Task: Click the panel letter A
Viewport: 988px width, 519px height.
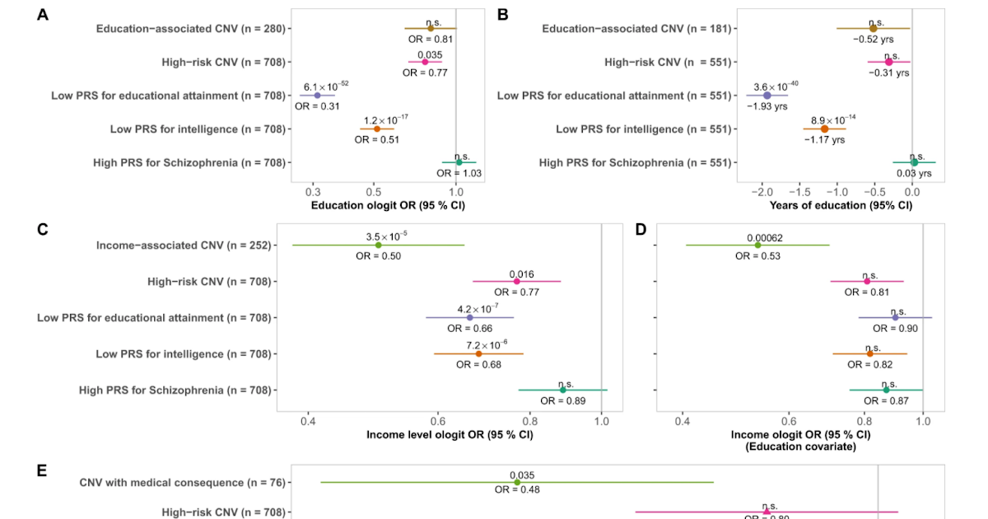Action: click(x=43, y=13)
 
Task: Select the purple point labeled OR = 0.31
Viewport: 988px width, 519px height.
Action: click(x=318, y=96)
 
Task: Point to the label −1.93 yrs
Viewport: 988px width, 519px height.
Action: click(x=767, y=106)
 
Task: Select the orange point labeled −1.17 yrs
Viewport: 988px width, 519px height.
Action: click(x=824, y=129)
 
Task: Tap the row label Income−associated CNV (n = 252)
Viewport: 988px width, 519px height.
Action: click(x=184, y=245)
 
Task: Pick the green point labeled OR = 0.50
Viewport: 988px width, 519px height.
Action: click(x=378, y=245)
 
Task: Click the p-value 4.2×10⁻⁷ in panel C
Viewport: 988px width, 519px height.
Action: click(x=477, y=309)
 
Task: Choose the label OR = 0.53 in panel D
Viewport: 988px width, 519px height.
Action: click(x=757, y=256)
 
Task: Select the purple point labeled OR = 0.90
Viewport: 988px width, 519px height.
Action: click(x=895, y=317)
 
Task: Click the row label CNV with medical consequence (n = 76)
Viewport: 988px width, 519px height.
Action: click(x=182, y=482)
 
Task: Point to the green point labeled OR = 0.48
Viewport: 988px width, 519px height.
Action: click(x=517, y=482)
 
